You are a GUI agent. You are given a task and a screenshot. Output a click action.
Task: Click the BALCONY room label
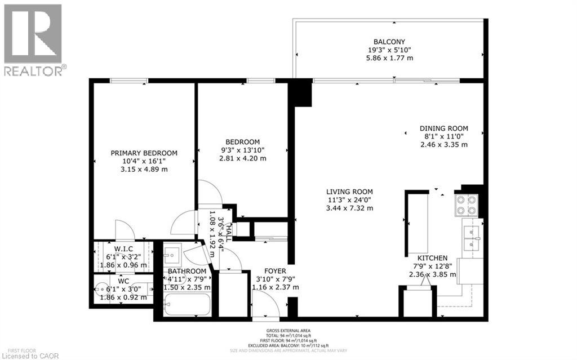click(389, 41)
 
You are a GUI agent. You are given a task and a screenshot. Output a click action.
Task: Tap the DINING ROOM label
click(443, 128)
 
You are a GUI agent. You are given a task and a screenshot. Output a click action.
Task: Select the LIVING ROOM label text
click(350, 192)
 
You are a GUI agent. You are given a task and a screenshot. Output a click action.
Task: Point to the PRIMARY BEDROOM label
click(144, 153)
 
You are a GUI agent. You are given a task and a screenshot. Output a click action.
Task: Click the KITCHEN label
click(432, 257)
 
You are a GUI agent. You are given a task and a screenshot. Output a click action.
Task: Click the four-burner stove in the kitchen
click(465, 205)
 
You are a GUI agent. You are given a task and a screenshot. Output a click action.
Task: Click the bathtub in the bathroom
click(187, 306)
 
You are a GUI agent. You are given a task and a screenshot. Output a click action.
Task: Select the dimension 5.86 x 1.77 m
click(389, 57)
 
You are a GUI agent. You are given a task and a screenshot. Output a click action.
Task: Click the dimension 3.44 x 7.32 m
click(350, 208)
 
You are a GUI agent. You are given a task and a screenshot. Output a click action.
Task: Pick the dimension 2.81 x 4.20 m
click(242, 158)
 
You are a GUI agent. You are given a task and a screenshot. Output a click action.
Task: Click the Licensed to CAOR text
click(26, 355)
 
